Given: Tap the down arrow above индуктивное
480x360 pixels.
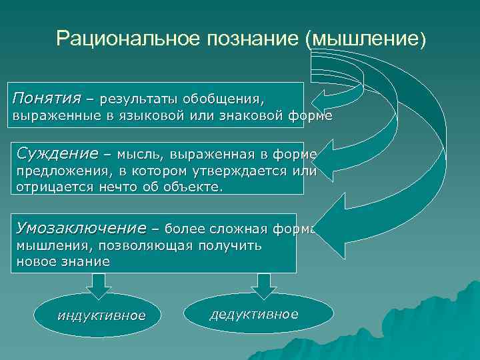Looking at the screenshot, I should pyautogui.click(x=98, y=284).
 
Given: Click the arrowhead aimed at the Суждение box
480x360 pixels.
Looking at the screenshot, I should pyautogui.click(x=327, y=154).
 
